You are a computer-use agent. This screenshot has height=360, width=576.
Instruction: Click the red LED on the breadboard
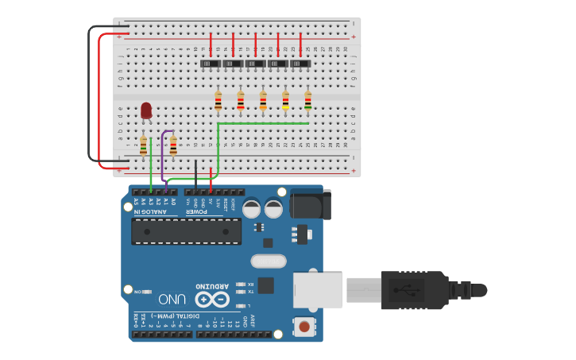pos(146,110)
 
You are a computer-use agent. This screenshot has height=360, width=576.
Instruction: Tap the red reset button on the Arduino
pos(304,326)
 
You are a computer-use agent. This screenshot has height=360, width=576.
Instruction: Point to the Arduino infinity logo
pos(213,300)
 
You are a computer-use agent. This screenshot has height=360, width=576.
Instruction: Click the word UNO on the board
pos(172,300)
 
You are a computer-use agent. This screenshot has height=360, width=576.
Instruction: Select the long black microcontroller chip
pos(186,230)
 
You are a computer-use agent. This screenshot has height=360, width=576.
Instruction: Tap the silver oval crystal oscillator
pos(269,261)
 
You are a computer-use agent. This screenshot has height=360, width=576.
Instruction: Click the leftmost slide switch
pos(211,64)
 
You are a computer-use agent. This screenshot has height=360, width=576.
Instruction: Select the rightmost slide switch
pos(300,64)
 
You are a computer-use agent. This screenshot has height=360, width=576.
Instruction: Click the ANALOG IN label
pos(151,211)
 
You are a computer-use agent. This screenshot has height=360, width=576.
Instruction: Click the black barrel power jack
pos(309,204)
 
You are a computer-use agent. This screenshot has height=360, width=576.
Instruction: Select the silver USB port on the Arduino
pos(317,290)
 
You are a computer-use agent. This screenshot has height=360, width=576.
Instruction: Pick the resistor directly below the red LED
pos(144,145)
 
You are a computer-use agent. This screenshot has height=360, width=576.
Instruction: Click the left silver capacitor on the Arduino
pos(252,209)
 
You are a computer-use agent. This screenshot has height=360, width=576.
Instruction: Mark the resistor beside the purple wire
pos(173,145)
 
